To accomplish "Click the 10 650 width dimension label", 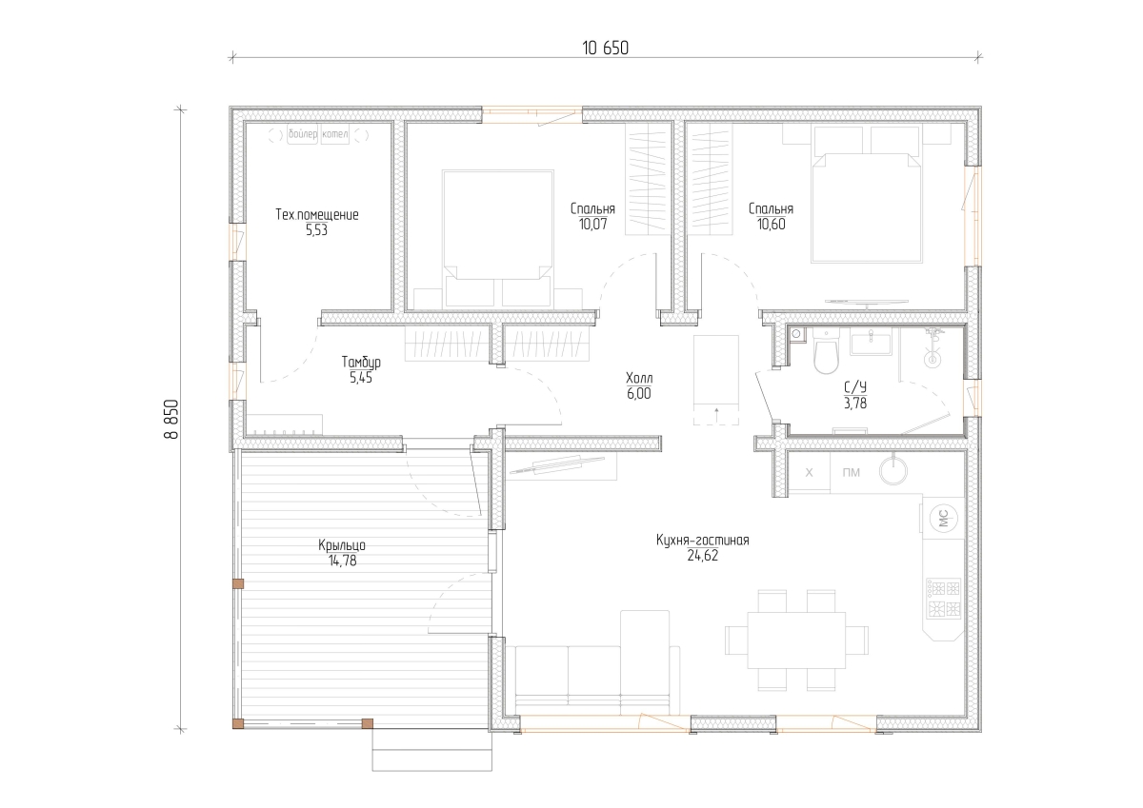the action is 605,49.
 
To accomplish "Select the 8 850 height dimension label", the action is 172,419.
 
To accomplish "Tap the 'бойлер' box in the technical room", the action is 303,134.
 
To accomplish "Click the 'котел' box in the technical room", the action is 334,134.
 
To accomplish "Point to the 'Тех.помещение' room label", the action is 317,215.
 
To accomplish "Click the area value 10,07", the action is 592,225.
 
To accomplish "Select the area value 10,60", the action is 771,225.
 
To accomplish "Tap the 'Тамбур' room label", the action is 361,363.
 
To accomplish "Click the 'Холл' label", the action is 639,378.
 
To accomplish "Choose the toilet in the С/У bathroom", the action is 826,351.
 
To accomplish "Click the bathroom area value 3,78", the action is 855,404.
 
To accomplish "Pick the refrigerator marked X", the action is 810,472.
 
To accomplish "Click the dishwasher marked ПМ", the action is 852,473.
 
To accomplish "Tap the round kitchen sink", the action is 893,470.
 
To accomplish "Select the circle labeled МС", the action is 944,519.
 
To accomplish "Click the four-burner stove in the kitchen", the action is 944,599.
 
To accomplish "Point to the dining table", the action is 796,640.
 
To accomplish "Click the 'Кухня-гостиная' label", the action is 703,541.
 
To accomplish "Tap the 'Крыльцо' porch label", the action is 342,545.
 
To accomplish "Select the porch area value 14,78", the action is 342,562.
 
